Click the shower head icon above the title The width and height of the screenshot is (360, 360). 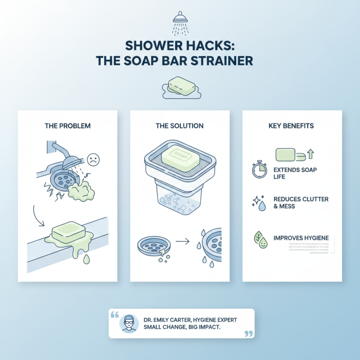180,22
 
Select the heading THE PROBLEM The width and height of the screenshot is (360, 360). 67,126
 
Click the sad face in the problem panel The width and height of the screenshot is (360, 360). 93,159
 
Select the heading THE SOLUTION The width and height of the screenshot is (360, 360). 180,126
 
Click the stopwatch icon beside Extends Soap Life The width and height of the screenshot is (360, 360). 260,171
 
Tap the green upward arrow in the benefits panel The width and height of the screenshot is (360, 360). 310,155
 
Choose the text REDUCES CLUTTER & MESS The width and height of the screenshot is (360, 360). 301,202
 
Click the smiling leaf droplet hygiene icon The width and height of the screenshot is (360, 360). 260,238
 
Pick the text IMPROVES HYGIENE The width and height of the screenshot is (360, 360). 301,238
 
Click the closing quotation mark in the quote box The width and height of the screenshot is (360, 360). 247,333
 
